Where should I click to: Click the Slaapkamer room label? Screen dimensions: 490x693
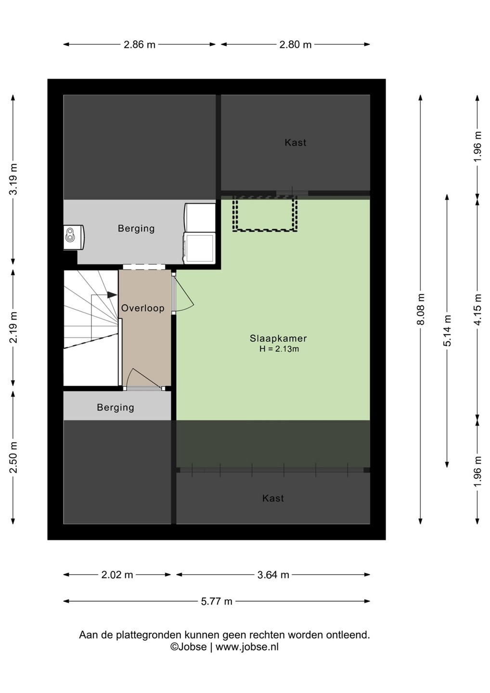278,338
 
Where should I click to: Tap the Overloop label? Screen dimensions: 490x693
142,308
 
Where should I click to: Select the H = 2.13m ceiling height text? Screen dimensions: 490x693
279,349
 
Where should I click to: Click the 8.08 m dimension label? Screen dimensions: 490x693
421,309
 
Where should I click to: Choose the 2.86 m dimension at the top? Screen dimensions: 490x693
140,45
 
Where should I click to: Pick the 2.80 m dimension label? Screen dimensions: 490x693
296,45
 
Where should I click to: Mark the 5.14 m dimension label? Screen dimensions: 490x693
447,331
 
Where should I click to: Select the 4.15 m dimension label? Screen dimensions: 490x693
477,309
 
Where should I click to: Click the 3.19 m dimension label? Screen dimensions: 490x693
13,180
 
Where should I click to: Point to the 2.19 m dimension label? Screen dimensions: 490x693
13,328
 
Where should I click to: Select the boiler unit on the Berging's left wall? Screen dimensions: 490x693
74,237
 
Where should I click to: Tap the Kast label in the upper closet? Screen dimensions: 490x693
296,142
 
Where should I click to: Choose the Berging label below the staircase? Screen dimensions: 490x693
116,408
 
